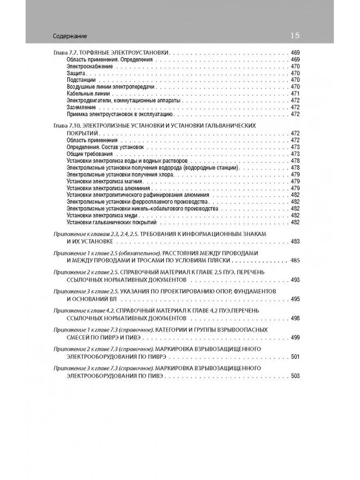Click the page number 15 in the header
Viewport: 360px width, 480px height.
(x=295, y=36)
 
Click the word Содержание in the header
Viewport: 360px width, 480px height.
(x=70, y=36)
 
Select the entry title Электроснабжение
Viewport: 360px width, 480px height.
(x=90, y=66)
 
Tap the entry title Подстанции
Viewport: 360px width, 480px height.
(x=81, y=80)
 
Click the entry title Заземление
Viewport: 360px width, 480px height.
(x=81, y=107)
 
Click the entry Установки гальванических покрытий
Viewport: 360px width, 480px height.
(x=112, y=222)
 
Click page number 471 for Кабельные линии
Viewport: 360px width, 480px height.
(x=295, y=94)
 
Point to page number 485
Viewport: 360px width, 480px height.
(x=295, y=260)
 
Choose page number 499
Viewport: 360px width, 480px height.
(x=295, y=337)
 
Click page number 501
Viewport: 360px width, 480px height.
(x=295, y=356)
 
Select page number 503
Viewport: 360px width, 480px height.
(x=295, y=376)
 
